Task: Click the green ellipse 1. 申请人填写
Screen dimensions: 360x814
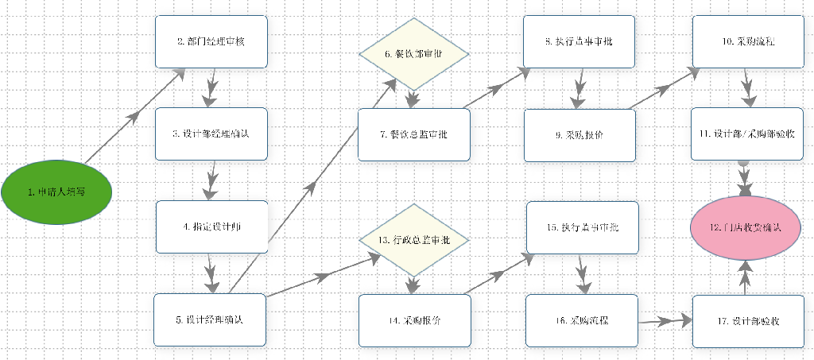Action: (x=56, y=191)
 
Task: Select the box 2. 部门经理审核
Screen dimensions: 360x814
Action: (x=211, y=41)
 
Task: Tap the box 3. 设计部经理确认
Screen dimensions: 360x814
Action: (x=211, y=134)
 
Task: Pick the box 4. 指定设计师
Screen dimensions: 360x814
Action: (x=211, y=226)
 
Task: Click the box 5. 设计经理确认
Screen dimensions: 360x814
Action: (x=210, y=319)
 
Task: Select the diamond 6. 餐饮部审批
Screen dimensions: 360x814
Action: (x=413, y=54)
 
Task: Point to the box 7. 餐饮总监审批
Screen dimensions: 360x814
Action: (x=413, y=134)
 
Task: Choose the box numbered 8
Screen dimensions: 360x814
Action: (x=579, y=41)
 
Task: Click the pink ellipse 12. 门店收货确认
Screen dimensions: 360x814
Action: (x=745, y=226)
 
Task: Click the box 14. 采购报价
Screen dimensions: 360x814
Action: (x=414, y=320)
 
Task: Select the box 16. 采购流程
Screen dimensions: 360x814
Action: (x=582, y=320)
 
